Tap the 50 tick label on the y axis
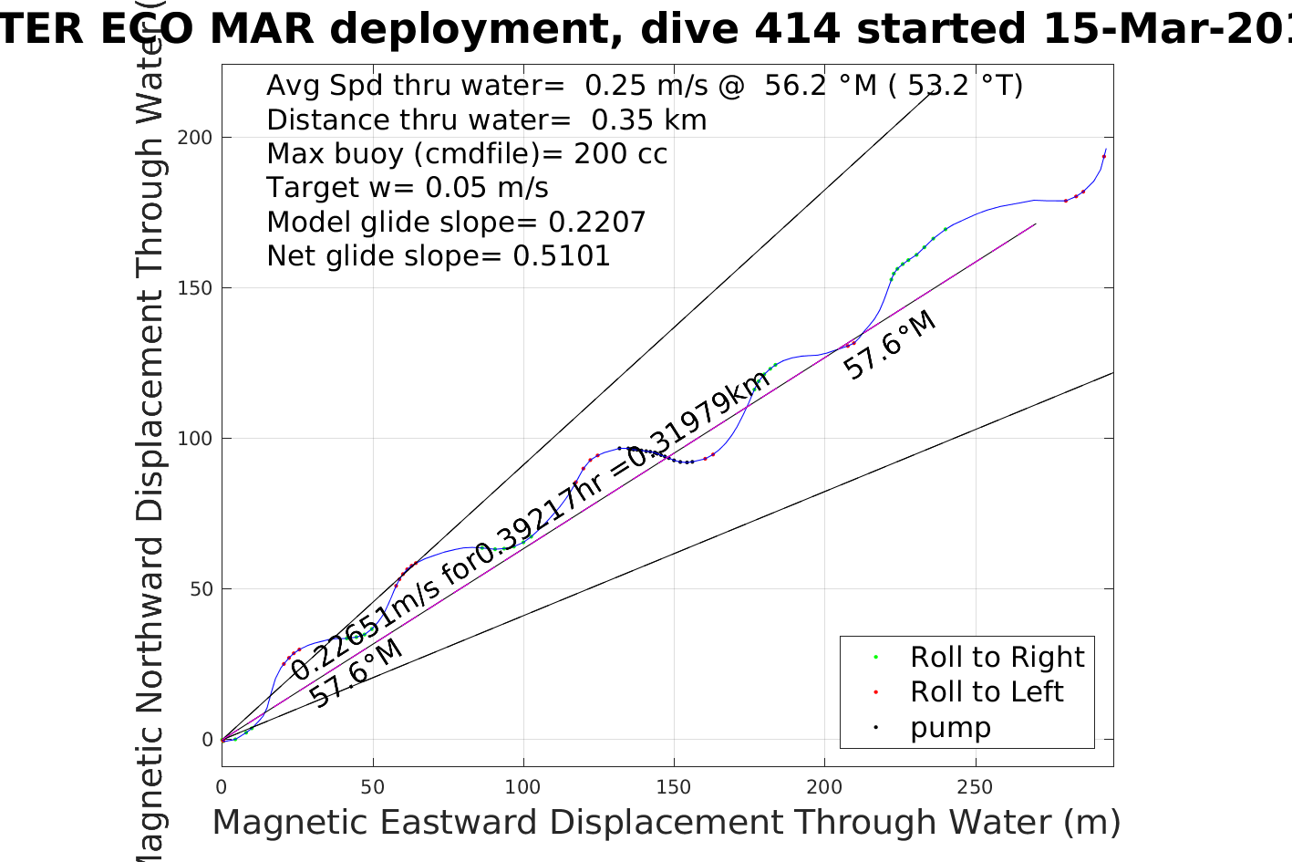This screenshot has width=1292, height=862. (200, 589)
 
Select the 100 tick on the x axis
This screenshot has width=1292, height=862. (523, 786)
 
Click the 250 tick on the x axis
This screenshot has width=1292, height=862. (976, 786)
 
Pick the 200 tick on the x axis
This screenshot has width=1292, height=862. (825, 786)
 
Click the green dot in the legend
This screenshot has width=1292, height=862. (875, 657)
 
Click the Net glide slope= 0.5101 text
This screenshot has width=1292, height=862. (439, 256)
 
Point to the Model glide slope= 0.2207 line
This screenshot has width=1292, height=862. (456, 223)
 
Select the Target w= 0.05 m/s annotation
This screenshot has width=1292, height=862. (408, 188)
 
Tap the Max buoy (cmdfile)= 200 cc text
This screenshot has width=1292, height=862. (467, 154)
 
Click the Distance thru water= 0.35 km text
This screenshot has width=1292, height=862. (487, 120)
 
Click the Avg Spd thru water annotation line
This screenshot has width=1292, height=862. (645, 86)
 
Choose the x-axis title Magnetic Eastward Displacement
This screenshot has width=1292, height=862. (666, 823)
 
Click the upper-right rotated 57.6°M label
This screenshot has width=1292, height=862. (890, 346)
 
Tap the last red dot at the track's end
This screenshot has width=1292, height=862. (1103, 157)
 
